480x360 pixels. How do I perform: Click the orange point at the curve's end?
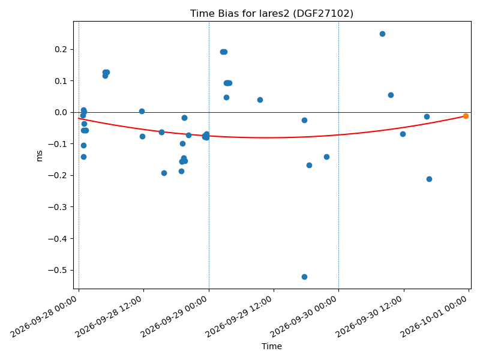[466, 116]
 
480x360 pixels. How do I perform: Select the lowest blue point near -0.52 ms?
[304, 277]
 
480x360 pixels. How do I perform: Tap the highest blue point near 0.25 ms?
[382, 34]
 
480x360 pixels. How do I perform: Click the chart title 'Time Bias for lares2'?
[239, 13]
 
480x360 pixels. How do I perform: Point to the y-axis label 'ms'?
[39, 156]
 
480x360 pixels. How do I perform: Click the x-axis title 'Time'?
[272, 346]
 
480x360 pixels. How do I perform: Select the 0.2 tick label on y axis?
[61, 49]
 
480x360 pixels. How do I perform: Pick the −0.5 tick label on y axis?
[58, 270]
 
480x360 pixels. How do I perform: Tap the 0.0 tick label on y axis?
[61, 112]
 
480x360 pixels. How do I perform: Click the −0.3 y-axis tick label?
[58, 207]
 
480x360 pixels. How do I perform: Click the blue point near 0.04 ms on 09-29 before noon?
[260, 100]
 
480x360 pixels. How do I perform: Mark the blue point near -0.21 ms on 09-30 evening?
[429, 179]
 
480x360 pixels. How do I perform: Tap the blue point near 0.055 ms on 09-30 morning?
[391, 95]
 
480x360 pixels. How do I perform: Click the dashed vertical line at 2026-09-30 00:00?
[338, 155]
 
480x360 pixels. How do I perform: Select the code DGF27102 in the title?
[323, 13]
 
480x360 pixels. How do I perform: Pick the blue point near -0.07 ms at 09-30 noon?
[403, 134]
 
